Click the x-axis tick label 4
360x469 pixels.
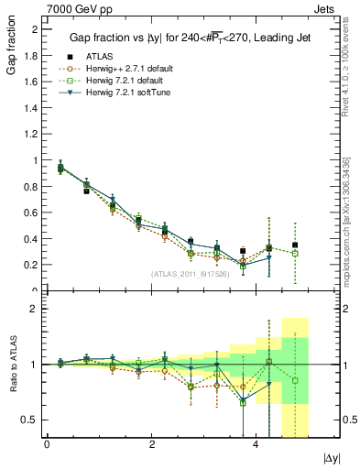point(256,443)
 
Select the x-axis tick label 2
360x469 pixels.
point(151,443)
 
